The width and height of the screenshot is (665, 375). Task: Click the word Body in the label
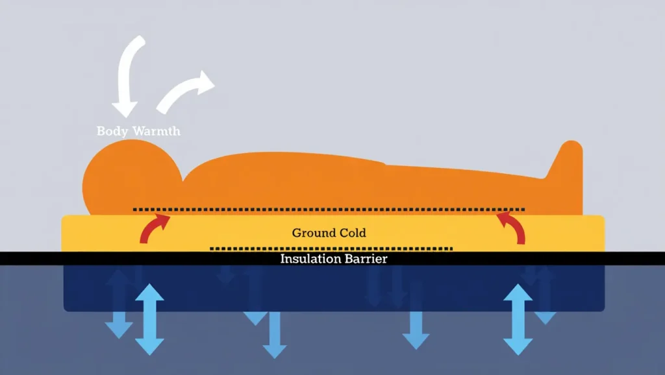(x=112, y=131)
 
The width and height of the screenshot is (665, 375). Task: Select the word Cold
(x=351, y=233)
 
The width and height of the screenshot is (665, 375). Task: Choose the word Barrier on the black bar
(x=366, y=259)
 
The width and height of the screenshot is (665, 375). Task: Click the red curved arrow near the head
(x=155, y=228)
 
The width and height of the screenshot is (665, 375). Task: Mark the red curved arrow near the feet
(x=512, y=228)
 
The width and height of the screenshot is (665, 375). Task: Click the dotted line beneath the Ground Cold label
(x=331, y=248)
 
